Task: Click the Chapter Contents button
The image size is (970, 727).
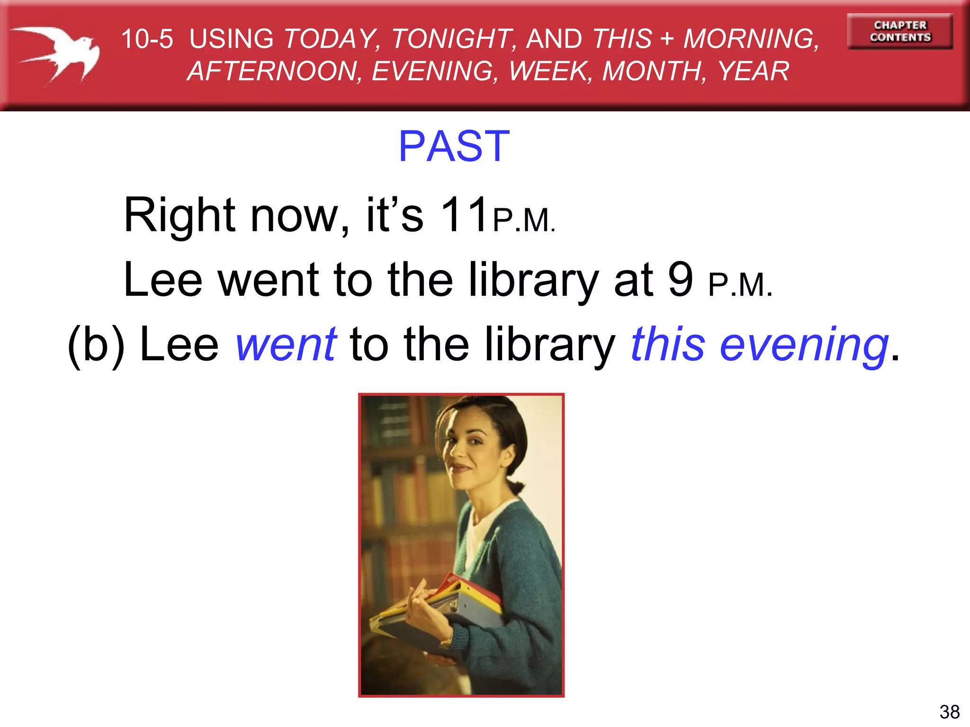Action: (900, 31)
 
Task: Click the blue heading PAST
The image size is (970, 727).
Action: (454, 146)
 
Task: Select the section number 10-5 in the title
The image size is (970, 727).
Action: (147, 39)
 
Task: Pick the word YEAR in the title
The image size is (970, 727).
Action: (753, 71)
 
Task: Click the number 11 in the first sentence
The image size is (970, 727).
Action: (464, 215)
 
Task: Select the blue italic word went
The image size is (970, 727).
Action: (287, 344)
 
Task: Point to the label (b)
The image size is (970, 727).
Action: (96, 345)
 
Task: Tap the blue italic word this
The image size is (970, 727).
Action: (668, 344)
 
